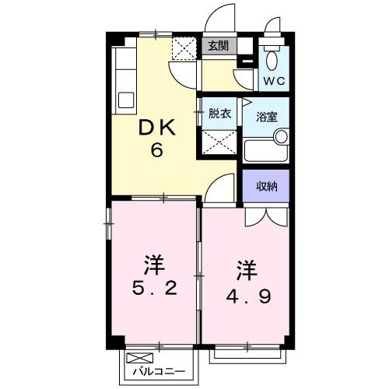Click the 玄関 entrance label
tap(219, 46)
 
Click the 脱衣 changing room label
tap(219, 114)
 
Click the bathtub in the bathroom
tap(265, 149)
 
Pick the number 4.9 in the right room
tap(248, 295)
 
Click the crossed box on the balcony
tap(136, 359)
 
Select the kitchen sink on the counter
tap(124, 100)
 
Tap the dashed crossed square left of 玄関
tap(186, 49)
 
